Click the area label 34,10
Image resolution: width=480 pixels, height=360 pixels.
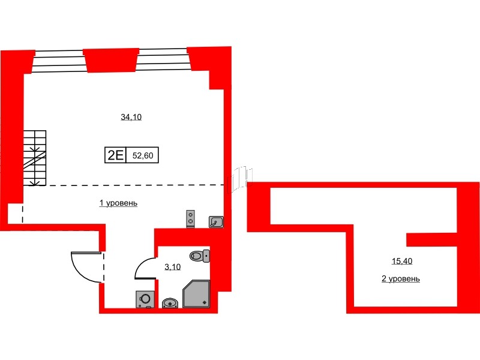click(131, 118)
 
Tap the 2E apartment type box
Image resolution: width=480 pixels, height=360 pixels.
click(115, 155)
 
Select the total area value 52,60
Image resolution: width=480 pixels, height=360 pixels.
click(143, 155)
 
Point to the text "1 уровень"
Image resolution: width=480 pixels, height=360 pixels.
click(119, 203)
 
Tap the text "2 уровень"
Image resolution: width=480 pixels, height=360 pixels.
click(400, 279)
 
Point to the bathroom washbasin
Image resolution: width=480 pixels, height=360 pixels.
click(170, 302)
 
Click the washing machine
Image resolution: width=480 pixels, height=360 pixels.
click(145, 298)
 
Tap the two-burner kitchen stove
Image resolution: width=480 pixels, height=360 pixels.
click(191, 218)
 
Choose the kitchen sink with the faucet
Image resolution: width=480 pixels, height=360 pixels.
click(216, 223)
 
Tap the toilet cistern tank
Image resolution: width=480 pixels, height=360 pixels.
click(207, 256)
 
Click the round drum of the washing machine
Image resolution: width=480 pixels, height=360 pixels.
click(145, 298)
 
